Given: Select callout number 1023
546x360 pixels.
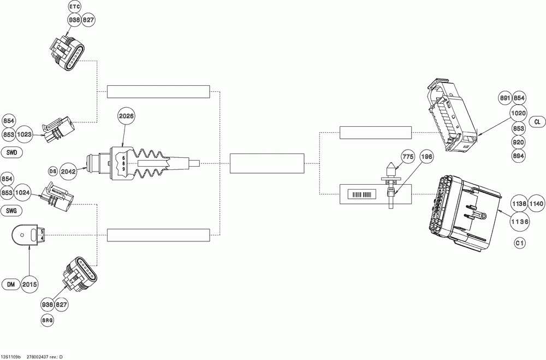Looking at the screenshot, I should coord(23,134).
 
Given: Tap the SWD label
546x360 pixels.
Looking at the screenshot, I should coord(12,152).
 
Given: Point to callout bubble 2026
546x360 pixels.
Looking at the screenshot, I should coord(126,116).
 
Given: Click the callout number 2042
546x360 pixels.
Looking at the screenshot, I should coord(69,170).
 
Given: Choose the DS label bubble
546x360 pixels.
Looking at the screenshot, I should coord(53,171).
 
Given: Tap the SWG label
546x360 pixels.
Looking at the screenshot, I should coord(12,210).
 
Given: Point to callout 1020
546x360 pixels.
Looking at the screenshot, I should coord(518,113).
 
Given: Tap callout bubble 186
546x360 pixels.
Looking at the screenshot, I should coord(427,157).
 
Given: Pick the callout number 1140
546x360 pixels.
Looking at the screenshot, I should coord(536,203).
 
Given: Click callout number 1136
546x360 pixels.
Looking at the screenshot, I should coord(519,221).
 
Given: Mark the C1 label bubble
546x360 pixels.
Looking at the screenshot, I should coord(519,243).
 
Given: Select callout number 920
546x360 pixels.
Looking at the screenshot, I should coord(519,142).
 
